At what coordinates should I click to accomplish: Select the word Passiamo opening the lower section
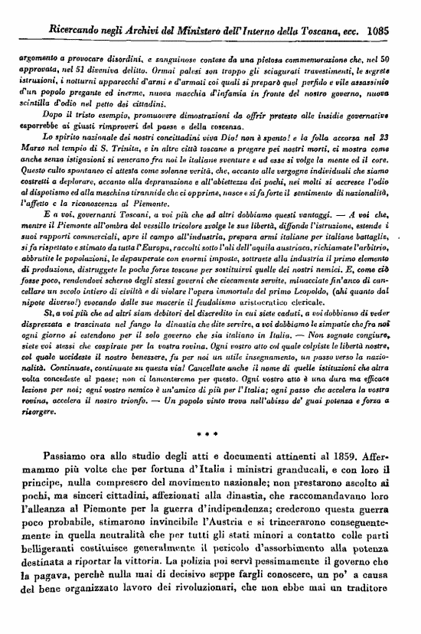(70, 475)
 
